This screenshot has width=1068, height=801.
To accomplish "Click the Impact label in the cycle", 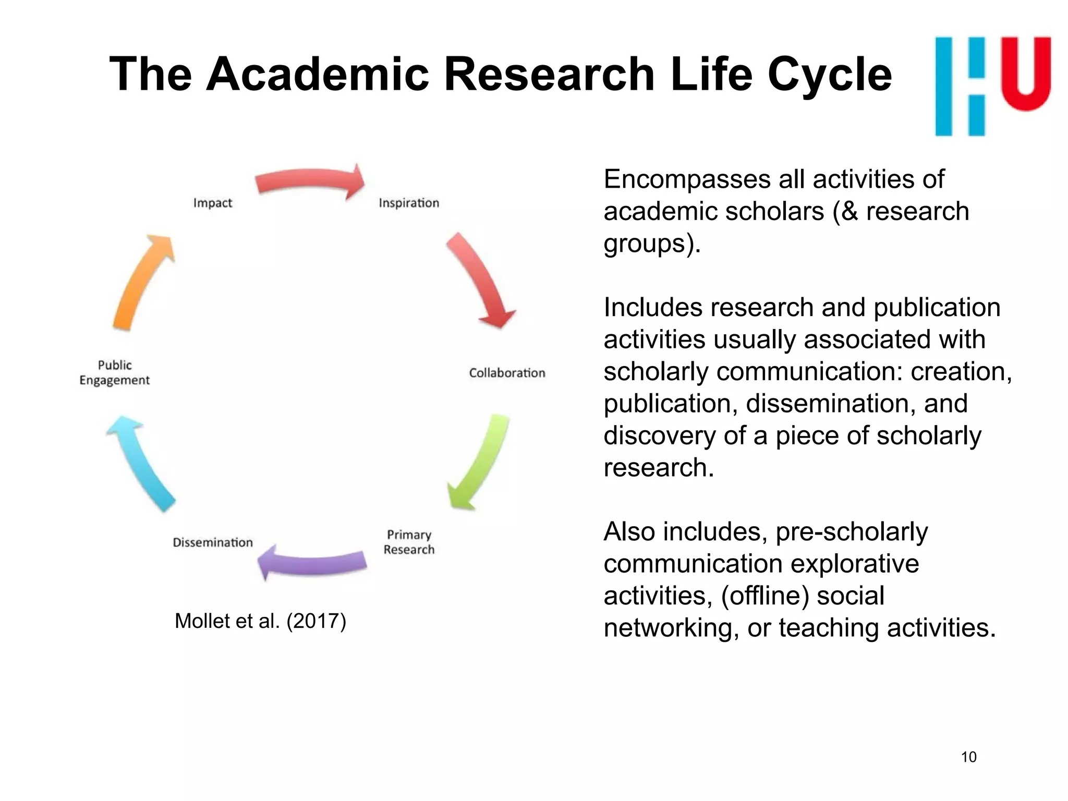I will [212, 203].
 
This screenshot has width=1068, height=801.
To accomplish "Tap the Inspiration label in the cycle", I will [409, 203].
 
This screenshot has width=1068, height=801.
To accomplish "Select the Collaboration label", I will [507, 373].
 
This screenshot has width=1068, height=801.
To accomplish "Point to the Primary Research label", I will [409, 542].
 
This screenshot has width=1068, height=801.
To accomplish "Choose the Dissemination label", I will [213, 542].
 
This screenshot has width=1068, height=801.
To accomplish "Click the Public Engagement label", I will [115, 372].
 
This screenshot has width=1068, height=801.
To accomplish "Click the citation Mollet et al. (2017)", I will [260, 621].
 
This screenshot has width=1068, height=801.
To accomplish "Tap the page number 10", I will [968, 757].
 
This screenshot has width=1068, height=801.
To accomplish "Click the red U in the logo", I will [1026, 73].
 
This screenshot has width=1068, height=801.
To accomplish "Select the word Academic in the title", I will [318, 75].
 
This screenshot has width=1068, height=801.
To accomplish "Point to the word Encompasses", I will [686, 179].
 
